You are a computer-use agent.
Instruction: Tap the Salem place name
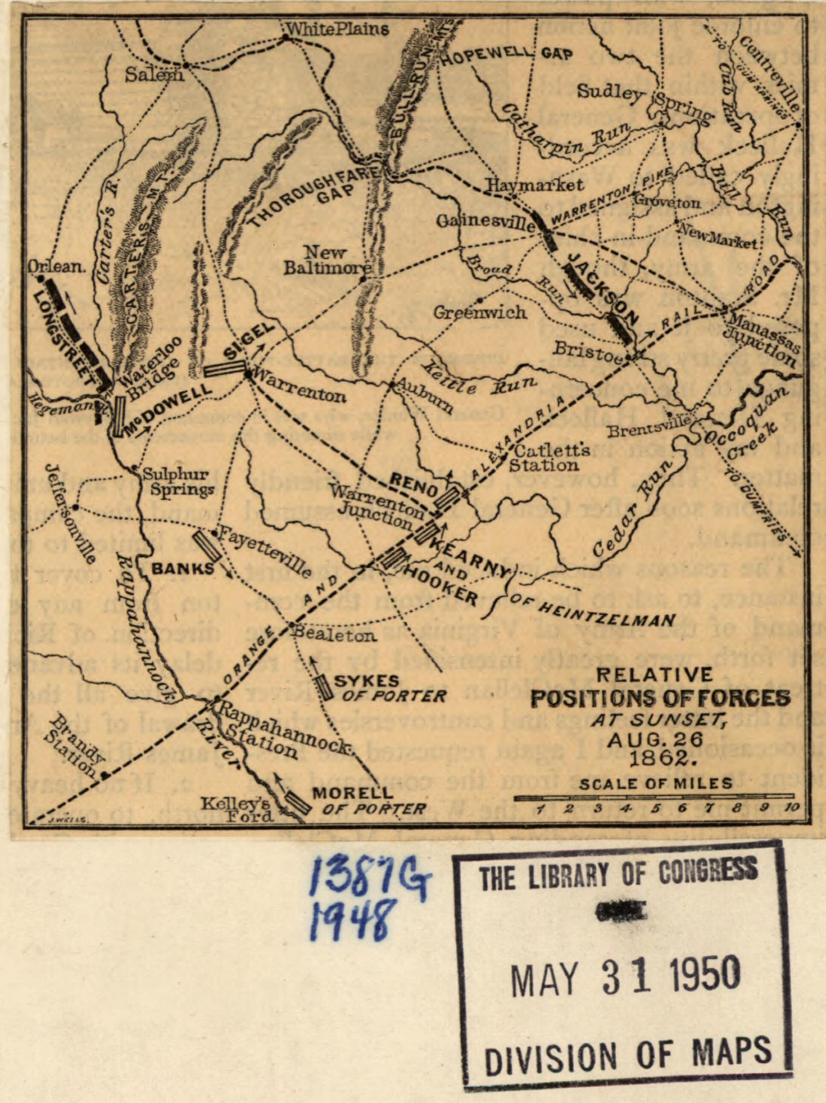coord(153,75)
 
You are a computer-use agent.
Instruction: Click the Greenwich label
coord(479,312)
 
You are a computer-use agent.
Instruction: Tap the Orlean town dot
coord(41,279)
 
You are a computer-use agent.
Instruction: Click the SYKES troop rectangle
coord(326,688)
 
